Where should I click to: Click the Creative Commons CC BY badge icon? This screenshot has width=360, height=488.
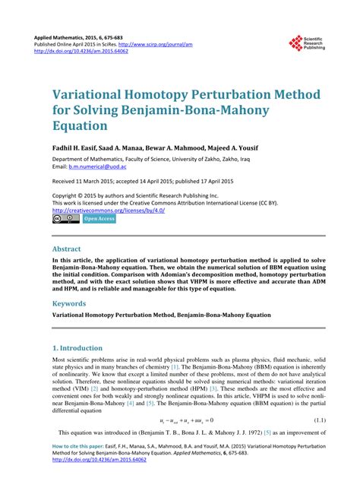pyautogui.click(x=65, y=220)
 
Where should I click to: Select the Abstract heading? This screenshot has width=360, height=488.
pyautogui.click(x=66, y=249)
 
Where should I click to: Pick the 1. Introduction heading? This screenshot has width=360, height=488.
pyautogui.click(x=77, y=348)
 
